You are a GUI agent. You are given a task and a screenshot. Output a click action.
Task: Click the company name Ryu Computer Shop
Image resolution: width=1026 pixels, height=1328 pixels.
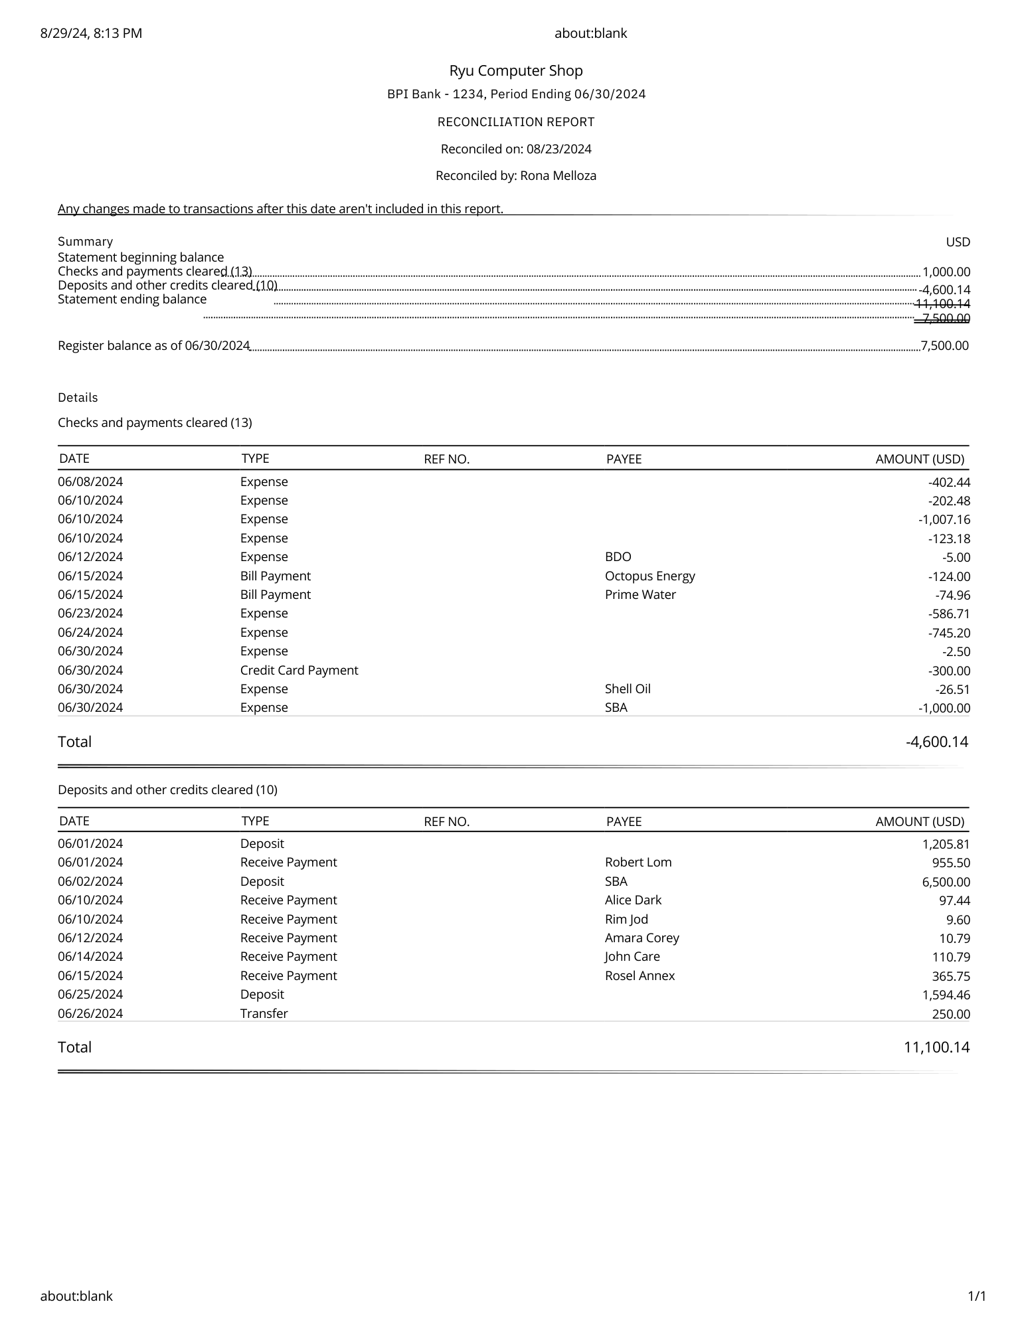(515, 71)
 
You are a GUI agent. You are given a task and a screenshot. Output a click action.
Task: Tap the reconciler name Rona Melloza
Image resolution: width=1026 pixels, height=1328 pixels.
(558, 176)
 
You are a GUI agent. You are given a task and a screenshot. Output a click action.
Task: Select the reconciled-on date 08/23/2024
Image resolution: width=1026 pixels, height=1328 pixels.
(558, 149)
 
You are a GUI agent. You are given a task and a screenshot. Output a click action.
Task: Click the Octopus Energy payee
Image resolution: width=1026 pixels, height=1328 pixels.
(649, 576)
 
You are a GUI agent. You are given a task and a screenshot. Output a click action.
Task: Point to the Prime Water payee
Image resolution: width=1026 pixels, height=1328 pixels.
(640, 594)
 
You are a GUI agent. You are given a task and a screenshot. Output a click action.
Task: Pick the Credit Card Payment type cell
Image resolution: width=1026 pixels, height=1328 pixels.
(299, 670)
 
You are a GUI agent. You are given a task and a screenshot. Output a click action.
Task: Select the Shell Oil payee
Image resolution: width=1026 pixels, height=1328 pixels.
(627, 689)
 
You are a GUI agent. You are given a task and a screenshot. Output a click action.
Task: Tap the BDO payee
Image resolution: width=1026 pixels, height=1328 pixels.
(618, 556)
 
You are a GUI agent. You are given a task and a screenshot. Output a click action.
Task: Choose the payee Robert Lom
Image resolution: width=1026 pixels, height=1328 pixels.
(638, 862)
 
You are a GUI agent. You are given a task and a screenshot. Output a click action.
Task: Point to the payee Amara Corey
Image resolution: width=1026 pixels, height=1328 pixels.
(641, 938)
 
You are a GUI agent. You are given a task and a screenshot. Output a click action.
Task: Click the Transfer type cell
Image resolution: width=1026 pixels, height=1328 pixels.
(264, 1013)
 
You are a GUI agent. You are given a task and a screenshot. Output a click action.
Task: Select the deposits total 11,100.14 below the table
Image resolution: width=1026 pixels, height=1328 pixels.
(936, 1047)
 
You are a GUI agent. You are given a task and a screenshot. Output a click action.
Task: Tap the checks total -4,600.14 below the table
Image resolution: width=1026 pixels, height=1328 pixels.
(936, 742)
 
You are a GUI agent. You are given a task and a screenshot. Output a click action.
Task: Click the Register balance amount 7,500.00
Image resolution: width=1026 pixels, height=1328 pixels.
(944, 345)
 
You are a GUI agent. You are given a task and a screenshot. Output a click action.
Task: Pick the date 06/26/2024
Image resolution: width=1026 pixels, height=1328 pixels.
(90, 1013)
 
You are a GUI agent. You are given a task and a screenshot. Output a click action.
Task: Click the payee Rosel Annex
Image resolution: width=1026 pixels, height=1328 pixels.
(639, 975)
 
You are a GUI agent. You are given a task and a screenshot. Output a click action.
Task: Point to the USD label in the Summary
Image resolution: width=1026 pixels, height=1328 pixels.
(958, 242)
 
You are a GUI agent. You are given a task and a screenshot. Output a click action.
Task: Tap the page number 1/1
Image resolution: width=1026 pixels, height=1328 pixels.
(976, 1296)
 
